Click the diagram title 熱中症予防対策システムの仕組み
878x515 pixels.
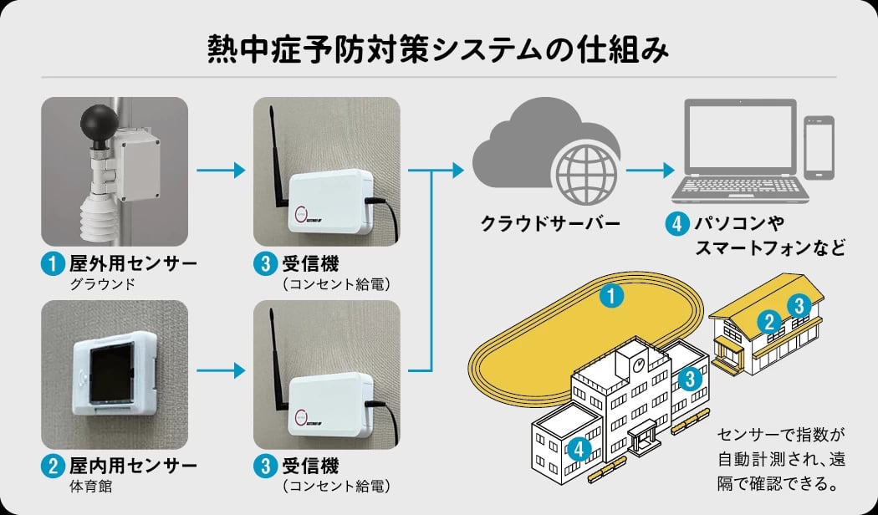[x=438, y=50]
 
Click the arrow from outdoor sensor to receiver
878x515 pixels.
[x=221, y=171]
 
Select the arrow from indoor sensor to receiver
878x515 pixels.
[x=221, y=370]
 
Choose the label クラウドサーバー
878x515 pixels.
[x=549, y=224]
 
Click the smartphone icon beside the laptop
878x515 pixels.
[x=819, y=147]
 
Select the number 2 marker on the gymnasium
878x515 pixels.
[x=770, y=320]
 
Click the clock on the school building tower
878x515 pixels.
[x=638, y=365]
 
